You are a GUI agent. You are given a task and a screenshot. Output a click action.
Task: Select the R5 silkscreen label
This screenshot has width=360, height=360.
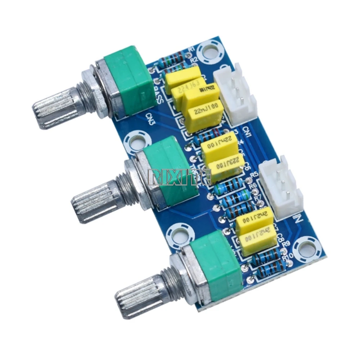click(x=254, y=175)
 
